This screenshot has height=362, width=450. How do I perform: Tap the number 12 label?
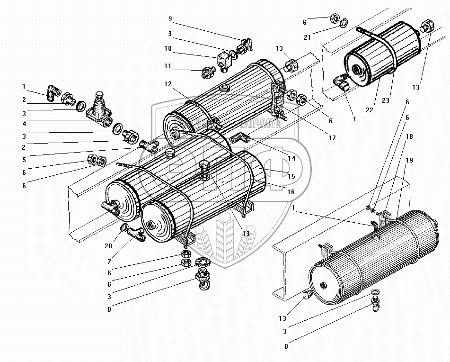[168, 83]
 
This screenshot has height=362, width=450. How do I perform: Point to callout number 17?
[333, 138]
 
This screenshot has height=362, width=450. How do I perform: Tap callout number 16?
[291, 192]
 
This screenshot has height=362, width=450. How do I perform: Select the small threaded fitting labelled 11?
[208, 72]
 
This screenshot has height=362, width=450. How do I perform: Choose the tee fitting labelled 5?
[147, 145]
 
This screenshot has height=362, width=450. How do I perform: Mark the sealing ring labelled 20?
[124, 229]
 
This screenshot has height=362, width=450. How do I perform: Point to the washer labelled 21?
[344, 21]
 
